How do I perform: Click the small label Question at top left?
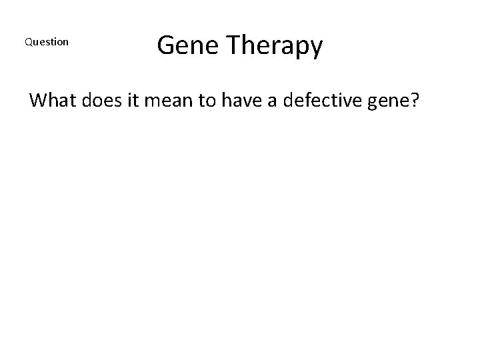tap(47, 42)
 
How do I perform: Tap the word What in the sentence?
tap(52, 101)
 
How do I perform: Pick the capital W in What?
tap(39, 101)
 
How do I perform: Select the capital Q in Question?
tap(28, 42)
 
